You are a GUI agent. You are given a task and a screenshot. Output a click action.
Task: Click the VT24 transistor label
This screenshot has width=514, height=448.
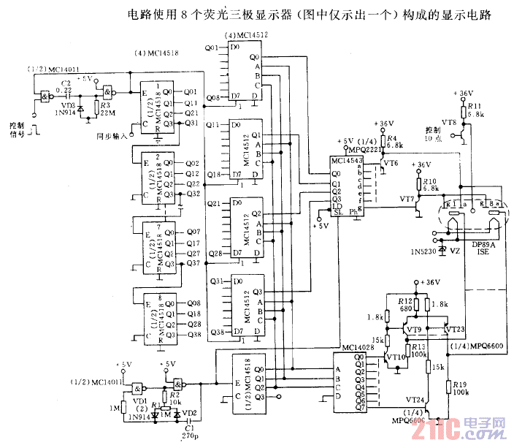click(414, 401)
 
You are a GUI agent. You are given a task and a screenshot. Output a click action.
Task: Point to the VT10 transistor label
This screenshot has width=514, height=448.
click(395, 357)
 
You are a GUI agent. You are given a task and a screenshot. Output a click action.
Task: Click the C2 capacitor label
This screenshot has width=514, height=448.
click(66, 83)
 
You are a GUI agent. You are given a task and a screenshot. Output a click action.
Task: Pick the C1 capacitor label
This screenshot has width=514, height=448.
click(189, 428)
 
